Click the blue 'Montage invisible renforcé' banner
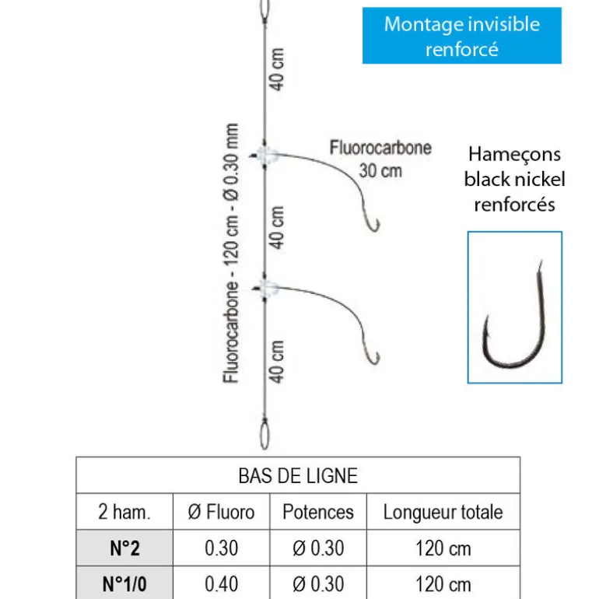(x=461, y=36)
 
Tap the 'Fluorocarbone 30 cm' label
(x=380, y=158)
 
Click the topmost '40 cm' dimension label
(x=278, y=69)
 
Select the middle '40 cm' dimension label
(x=278, y=226)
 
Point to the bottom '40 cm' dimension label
(x=278, y=361)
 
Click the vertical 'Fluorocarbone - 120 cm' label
(x=231, y=253)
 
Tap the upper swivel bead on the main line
(x=267, y=155)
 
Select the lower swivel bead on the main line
(x=267, y=289)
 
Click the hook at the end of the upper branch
(x=373, y=222)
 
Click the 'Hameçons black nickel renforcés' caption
(x=514, y=180)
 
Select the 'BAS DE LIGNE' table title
(x=298, y=475)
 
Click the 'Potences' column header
(x=317, y=512)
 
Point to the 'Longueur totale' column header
(x=443, y=512)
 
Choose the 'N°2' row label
(x=124, y=548)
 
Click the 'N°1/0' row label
(x=124, y=583)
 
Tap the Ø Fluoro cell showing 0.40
(x=222, y=583)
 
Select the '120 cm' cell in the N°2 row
(x=443, y=548)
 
